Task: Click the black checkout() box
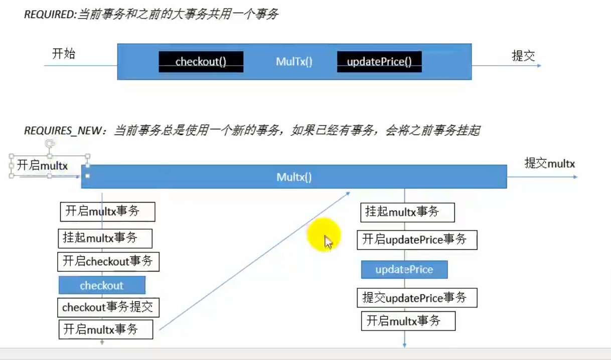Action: click(201, 62)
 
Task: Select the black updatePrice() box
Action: click(379, 62)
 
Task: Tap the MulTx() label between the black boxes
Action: click(294, 62)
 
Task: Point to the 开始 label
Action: click(64, 54)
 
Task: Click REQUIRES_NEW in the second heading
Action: click(63, 131)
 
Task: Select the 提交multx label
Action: click(550, 163)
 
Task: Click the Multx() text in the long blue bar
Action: click(294, 177)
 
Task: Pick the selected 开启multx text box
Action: click(49, 166)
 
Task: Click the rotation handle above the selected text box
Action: click(49, 143)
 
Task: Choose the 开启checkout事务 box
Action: click(108, 262)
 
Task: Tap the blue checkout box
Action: click(102, 285)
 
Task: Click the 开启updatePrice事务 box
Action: click(417, 240)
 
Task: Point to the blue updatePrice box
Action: click(404, 269)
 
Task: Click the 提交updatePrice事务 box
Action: click(417, 298)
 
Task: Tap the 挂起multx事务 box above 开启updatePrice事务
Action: click(407, 213)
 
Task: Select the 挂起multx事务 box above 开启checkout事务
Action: click(105, 238)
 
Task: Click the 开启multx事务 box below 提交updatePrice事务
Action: click(408, 321)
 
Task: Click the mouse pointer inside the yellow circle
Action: click(328, 242)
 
